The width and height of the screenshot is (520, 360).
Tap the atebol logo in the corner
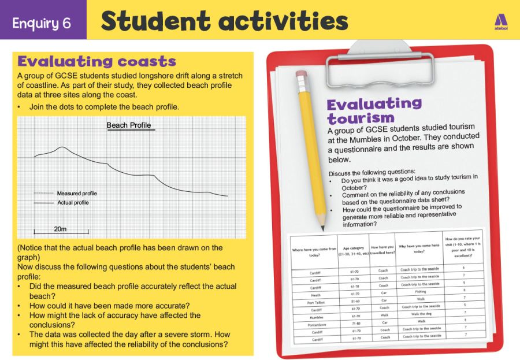[x=500, y=20]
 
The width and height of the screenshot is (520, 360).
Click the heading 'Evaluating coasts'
[x=96, y=61]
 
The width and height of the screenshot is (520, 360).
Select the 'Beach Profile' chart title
[x=128, y=125]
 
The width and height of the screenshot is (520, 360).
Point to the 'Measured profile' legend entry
[x=77, y=193]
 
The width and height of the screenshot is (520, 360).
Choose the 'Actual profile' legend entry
[x=73, y=203]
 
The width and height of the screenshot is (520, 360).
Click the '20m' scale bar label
[x=60, y=229]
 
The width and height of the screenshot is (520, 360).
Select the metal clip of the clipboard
[x=380, y=64]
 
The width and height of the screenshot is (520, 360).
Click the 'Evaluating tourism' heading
[x=374, y=110]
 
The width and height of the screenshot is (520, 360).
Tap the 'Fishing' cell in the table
[x=420, y=291]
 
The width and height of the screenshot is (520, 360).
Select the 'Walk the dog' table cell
[x=421, y=313]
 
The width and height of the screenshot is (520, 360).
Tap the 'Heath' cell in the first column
[x=315, y=294]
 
